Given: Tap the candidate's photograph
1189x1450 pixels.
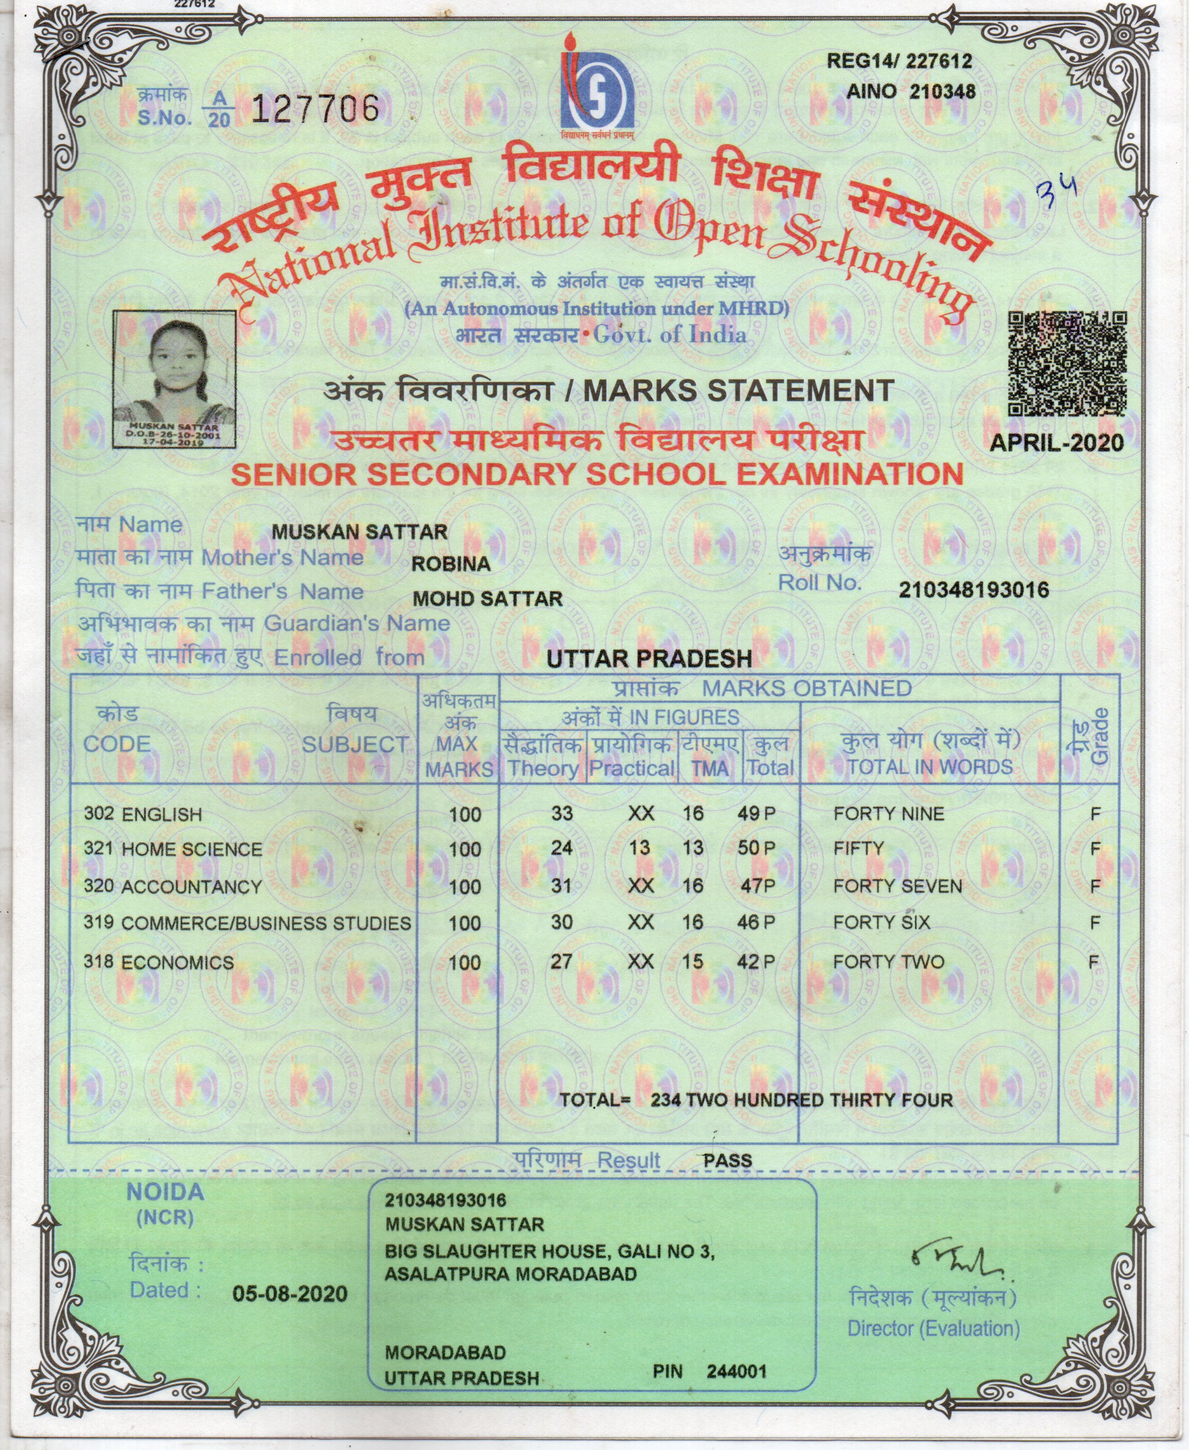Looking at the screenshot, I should (x=175, y=379).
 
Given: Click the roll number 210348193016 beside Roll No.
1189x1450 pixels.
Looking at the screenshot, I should (x=973, y=589).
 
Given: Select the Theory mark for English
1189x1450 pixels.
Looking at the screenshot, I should (x=561, y=813).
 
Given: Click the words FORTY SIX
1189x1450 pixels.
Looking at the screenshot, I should (x=882, y=922).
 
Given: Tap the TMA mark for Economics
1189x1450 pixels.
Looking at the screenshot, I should (x=693, y=962).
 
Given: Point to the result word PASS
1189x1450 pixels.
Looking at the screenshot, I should (x=728, y=1161).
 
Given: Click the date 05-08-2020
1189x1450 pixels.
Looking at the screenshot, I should (x=289, y=1294).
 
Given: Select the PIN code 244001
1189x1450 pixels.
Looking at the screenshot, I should (x=736, y=1371).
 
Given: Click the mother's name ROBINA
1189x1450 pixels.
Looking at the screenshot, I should (x=451, y=564).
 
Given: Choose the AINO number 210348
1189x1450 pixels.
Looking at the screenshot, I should (x=942, y=91).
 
